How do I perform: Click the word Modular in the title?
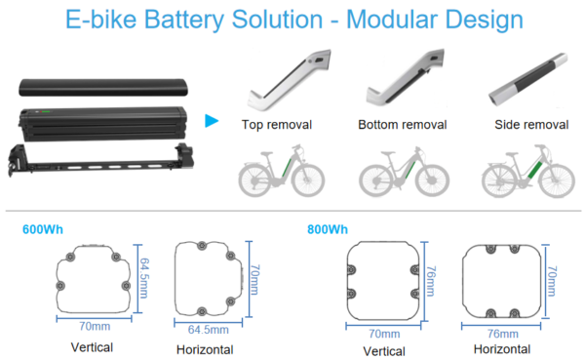coord(391,19)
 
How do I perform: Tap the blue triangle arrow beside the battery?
coord(211,121)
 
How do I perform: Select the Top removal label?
coord(276,125)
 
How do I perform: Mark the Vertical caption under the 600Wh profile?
coord(92,346)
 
